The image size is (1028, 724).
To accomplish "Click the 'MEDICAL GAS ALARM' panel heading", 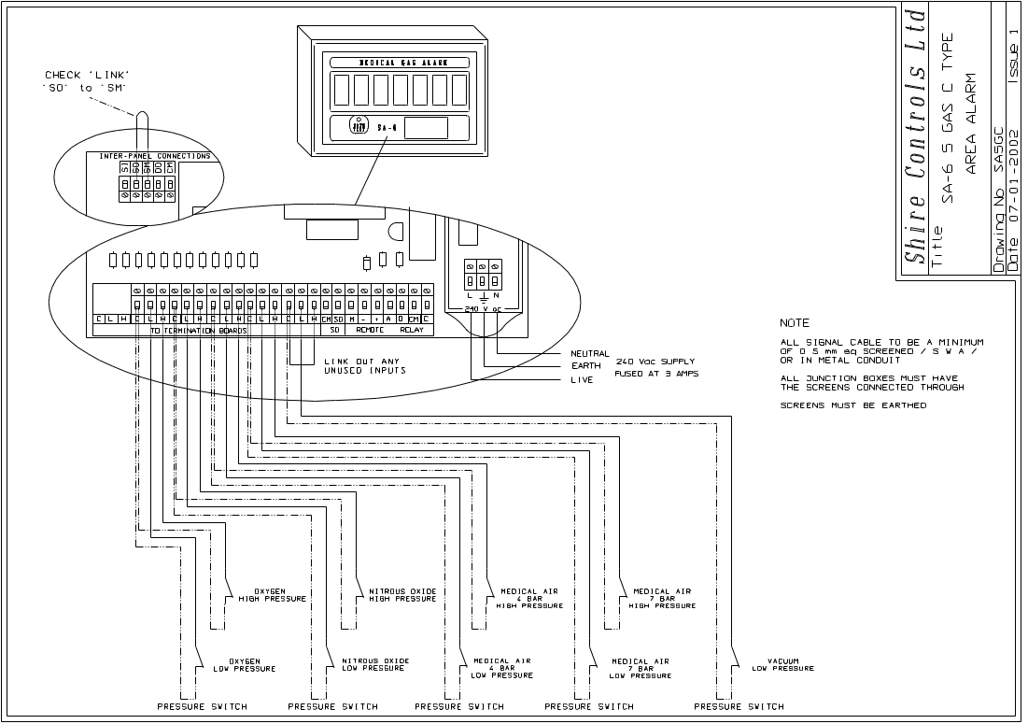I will [x=399, y=63].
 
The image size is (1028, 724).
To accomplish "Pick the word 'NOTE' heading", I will [x=796, y=323].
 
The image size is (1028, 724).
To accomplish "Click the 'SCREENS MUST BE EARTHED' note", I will [x=853, y=405].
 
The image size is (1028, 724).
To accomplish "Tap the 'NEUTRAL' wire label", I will [x=589, y=354].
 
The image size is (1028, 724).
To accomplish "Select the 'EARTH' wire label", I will [x=586, y=367].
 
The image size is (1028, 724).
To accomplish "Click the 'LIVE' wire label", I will [x=582, y=380].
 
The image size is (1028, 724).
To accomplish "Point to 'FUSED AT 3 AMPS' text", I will [x=656, y=374].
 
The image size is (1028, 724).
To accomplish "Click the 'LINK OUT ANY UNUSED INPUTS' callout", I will [x=364, y=366].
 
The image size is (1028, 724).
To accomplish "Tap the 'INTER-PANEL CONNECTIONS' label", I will [x=148, y=156].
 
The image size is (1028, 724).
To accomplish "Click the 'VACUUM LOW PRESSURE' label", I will [x=782, y=664].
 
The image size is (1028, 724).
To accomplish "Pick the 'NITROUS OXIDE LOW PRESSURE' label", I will [x=374, y=664].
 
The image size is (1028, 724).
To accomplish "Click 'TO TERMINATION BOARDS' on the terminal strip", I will [x=197, y=331].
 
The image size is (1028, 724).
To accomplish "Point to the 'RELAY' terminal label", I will [x=412, y=331].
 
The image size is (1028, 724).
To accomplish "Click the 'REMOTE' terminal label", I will [x=371, y=331].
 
